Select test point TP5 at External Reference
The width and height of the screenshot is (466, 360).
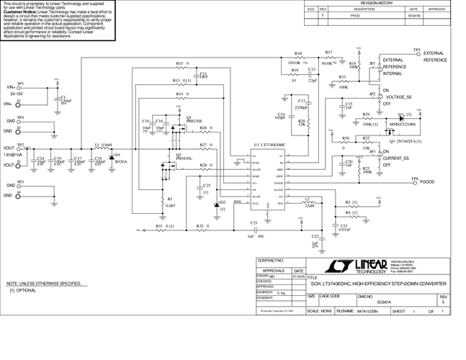click(x=416, y=50)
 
